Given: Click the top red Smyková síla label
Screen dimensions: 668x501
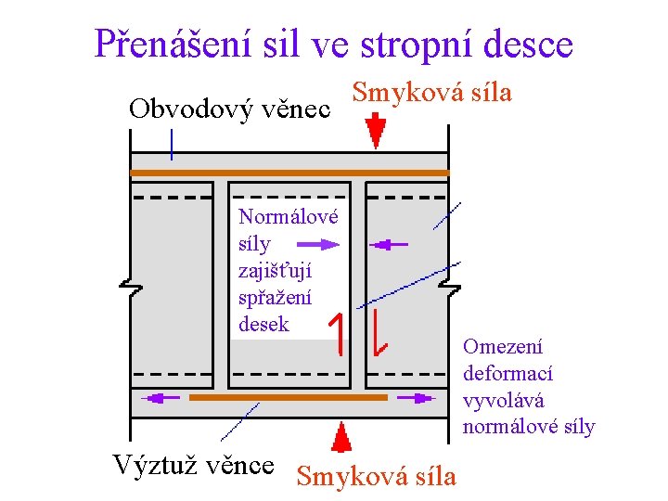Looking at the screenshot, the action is click(432, 93).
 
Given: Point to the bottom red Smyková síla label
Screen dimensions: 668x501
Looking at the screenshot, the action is click(376, 476).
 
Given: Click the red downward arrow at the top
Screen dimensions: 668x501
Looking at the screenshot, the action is click(375, 131).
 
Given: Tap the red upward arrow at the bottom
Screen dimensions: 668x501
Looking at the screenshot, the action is click(342, 437).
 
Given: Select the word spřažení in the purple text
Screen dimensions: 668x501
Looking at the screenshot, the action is click(275, 298).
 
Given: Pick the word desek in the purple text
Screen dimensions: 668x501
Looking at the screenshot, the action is click(263, 325).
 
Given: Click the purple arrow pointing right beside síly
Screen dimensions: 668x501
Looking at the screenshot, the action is click(318, 245).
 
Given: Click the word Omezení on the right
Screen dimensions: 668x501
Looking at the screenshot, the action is click(503, 347).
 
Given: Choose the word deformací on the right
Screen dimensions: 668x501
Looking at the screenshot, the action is click(507, 374).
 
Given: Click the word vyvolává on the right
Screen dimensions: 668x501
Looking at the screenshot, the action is click(504, 401).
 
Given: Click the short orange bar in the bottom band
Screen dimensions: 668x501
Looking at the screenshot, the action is click(288, 396).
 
